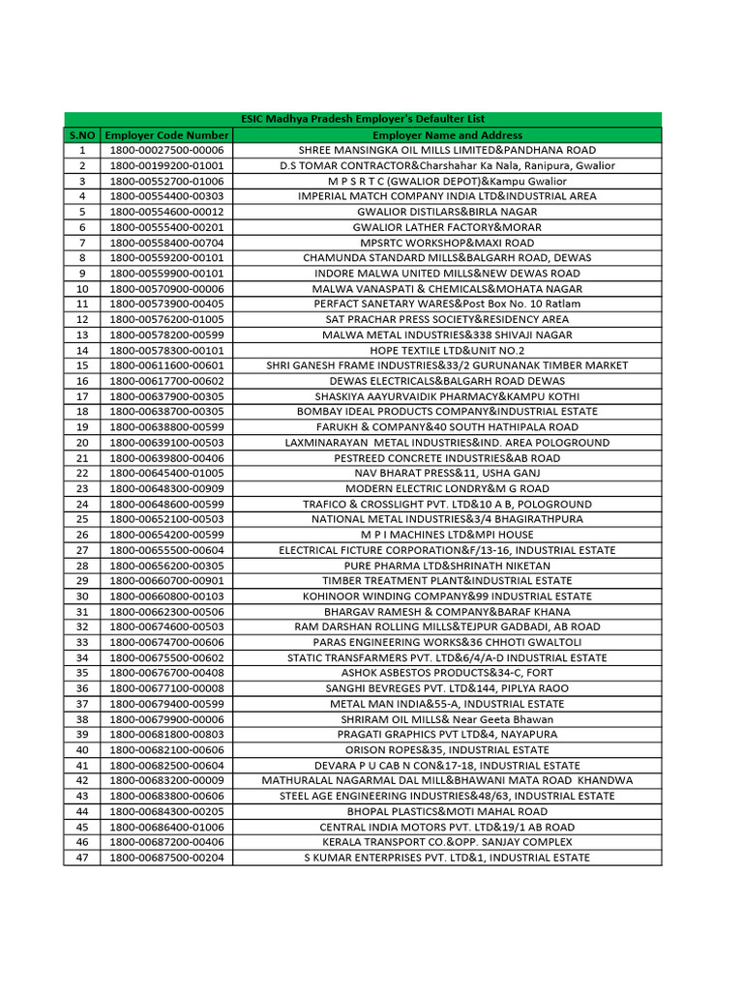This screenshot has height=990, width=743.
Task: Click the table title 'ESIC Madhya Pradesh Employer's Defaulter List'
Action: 363,119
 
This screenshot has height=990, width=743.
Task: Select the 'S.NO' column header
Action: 82,135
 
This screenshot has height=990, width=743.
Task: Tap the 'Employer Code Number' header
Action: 166,135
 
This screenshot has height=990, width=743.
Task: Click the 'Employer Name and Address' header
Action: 447,135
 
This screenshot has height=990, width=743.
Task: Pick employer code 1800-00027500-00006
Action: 166,151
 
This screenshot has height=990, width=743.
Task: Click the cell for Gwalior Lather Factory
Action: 447,227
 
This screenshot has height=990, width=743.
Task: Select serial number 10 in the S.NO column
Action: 82,289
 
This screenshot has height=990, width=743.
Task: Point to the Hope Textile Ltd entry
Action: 447,350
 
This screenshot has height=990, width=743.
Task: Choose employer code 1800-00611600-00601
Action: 166,365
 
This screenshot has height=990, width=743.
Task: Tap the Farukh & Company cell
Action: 447,426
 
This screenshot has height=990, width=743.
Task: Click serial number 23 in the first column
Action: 82,488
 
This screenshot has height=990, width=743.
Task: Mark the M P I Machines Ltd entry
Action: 447,535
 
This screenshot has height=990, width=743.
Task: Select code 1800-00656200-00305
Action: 166,566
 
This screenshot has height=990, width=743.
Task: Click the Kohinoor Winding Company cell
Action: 447,597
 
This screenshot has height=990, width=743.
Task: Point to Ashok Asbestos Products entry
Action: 447,673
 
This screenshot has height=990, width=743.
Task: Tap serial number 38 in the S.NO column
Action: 82,719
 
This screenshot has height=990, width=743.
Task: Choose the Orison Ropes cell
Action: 447,749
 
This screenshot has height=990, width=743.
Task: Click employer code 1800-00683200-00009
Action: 166,780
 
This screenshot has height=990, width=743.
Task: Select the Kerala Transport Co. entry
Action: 447,842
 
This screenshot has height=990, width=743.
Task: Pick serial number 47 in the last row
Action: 82,858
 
